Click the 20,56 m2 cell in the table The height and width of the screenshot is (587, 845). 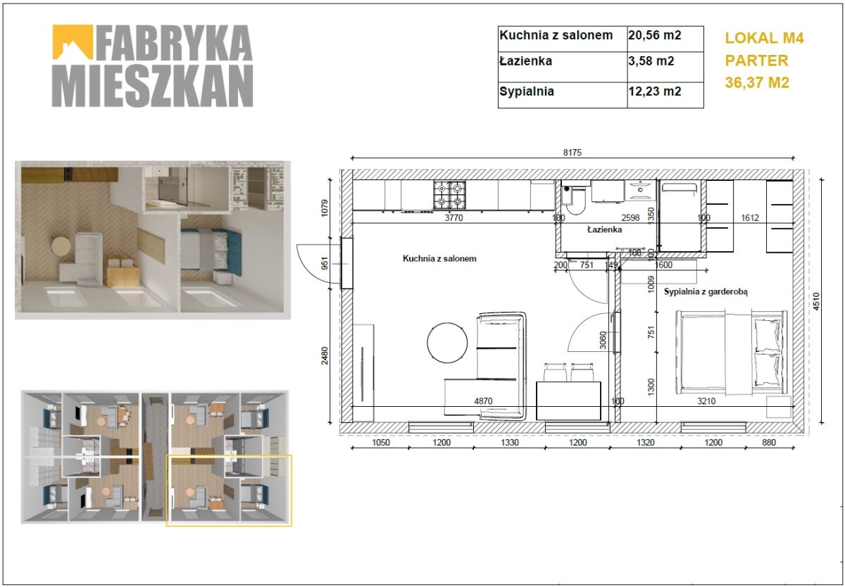(x=654, y=35)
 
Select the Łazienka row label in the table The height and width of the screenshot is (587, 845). (x=525, y=61)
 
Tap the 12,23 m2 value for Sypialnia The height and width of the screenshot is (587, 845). (x=654, y=91)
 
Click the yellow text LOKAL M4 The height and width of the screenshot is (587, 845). (x=764, y=38)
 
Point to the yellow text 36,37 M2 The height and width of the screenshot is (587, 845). (x=757, y=83)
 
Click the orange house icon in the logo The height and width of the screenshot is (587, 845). (x=73, y=42)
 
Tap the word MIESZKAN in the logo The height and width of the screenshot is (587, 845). (x=152, y=86)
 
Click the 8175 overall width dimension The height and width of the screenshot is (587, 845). (x=572, y=153)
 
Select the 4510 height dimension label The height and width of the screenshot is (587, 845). (x=816, y=302)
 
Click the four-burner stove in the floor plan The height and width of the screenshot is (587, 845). (x=449, y=195)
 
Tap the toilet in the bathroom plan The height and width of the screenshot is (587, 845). (x=573, y=199)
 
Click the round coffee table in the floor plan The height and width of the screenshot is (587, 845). (x=447, y=343)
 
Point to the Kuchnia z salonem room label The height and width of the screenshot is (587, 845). (x=439, y=258)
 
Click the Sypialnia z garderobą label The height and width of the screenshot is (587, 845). (x=706, y=292)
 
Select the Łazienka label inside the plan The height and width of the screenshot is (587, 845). (x=605, y=229)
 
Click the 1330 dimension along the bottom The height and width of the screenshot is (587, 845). (x=510, y=442)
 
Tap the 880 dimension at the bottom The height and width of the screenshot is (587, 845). (x=769, y=442)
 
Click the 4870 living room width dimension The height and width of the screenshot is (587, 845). (x=483, y=401)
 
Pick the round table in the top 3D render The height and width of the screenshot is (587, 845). (x=61, y=246)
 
